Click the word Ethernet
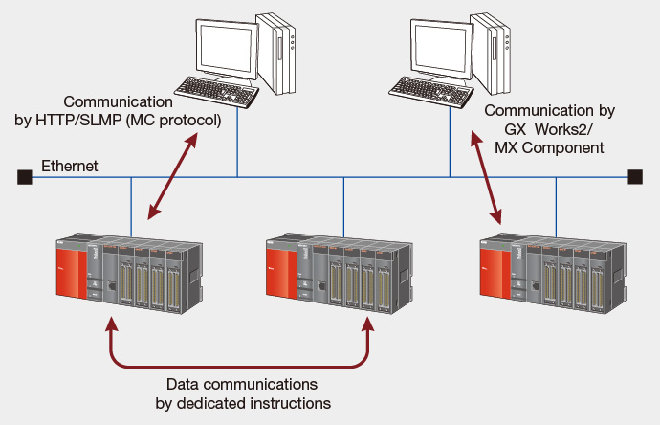coord(70,166)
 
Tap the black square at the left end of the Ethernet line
coord(25,177)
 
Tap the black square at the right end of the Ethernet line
coord(635,177)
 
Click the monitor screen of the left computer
coord(227,49)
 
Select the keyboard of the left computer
coord(217,91)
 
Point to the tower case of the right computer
coord(491,53)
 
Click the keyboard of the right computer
coord(431,92)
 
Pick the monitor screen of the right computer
coord(441,49)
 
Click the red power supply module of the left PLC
coord(72,273)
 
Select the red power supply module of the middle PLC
coord(281,273)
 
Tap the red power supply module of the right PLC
coord(495,273)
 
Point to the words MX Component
coord(549,147)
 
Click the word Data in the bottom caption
coord(183,384)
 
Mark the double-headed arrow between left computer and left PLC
coord(172,176)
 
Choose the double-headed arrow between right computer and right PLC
coord(486,177)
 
